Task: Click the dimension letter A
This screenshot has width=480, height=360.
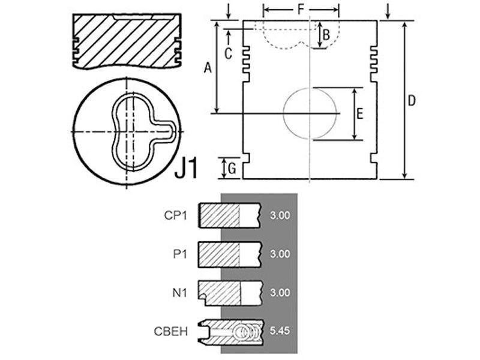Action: click(x=208, y=68)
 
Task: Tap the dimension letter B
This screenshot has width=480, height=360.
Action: click(x=326, y=35)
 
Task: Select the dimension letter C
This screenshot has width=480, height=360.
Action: click(x=228, y=54)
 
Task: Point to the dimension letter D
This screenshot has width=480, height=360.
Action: click(x=412, y=100)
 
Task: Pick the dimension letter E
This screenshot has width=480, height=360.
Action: click(x=359, y=113)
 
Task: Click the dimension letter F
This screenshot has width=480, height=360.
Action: click(x=301, y=10)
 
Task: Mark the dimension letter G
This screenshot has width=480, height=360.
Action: click(x=232, y=169)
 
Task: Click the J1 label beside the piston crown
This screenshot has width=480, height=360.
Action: click(x=187, y=168)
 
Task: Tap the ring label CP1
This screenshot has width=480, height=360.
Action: click(x=175, y=215)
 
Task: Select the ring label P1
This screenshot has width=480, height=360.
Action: click(x=180, y=254)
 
